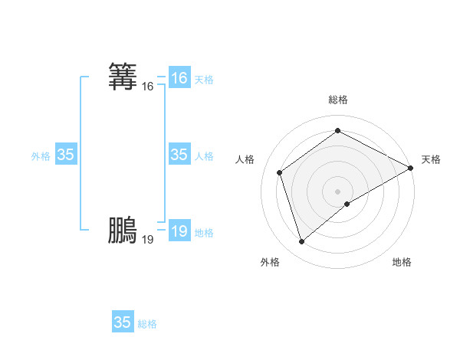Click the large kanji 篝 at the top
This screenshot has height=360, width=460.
123,77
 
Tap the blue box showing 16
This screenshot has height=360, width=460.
179,78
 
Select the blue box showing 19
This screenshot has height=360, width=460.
179,231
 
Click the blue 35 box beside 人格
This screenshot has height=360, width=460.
179,155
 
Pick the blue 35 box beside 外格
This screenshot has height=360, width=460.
65,155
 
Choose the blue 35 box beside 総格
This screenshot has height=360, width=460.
123,322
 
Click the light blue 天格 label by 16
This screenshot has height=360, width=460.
204,80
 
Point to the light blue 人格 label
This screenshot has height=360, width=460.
204,156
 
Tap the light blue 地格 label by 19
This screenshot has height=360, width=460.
204,233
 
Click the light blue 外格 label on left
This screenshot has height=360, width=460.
41,156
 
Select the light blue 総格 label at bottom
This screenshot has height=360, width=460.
147,324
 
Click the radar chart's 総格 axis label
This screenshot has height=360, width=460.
338,100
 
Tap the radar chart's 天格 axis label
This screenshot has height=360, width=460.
431,159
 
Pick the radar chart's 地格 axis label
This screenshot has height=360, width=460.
402,262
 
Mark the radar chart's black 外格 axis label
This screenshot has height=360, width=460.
270,262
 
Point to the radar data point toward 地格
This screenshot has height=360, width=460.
347,204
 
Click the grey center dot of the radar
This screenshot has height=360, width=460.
337,191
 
